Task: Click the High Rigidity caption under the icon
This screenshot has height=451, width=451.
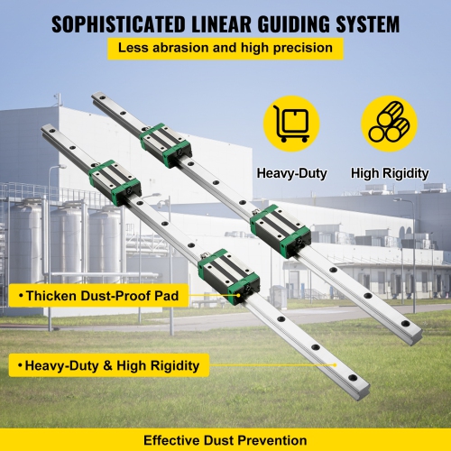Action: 389,172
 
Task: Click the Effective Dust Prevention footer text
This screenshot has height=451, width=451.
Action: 225,439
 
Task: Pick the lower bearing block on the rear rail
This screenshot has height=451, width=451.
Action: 281,231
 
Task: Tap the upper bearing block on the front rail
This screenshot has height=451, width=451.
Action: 113,180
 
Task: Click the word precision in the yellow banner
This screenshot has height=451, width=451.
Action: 303,49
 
